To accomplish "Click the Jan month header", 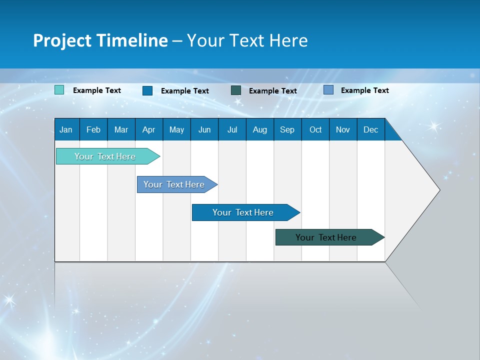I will (66, 129).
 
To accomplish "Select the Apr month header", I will (148, 129).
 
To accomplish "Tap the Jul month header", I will (232, 129).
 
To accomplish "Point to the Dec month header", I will (370, 129).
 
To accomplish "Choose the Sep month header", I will (287, 129).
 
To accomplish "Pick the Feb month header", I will (93, 129).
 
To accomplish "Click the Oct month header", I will (315, 129).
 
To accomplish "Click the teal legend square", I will (59, 90).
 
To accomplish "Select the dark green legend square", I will (236, 90).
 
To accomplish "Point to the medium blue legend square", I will (147, 90).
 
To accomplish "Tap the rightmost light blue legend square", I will (328, 90).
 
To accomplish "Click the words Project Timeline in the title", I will (100, 40).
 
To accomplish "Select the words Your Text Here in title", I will (247, 40).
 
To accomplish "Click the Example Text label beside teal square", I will (97, 90).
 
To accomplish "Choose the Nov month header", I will (343, 129).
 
